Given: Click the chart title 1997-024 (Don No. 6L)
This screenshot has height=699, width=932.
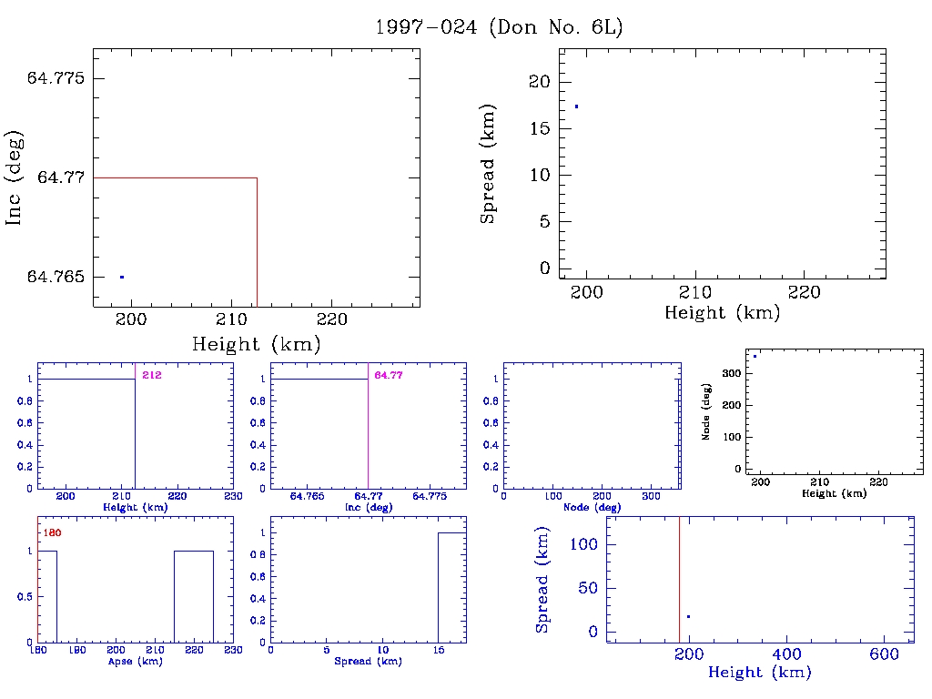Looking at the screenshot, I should click(499, 27).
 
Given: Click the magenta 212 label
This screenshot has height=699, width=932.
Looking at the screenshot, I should click(151, 375).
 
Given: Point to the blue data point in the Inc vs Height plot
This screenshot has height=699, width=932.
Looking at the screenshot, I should click(121, 277).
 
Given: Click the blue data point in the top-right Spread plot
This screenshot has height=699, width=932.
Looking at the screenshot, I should click(576, 106).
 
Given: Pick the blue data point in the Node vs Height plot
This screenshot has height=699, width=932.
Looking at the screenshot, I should click(755, 356).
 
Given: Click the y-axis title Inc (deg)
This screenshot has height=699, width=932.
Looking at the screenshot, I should click(15, 177).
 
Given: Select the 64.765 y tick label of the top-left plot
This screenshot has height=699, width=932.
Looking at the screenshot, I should click(56, 277).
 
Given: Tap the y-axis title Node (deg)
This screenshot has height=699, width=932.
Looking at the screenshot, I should click(706, 411).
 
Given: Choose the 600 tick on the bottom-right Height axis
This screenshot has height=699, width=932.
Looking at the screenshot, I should click(885, 654).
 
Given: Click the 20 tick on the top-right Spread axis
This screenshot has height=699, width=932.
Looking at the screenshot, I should click(540, 82).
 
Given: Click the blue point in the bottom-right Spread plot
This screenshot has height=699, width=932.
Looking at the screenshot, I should click(688, 617).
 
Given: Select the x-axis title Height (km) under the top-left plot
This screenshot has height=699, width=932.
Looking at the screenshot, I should click(256, 345).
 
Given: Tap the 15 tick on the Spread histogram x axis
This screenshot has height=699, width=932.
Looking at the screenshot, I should click(438, 652).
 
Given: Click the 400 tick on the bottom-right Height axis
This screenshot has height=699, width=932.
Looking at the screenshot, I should click(786, 654).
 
